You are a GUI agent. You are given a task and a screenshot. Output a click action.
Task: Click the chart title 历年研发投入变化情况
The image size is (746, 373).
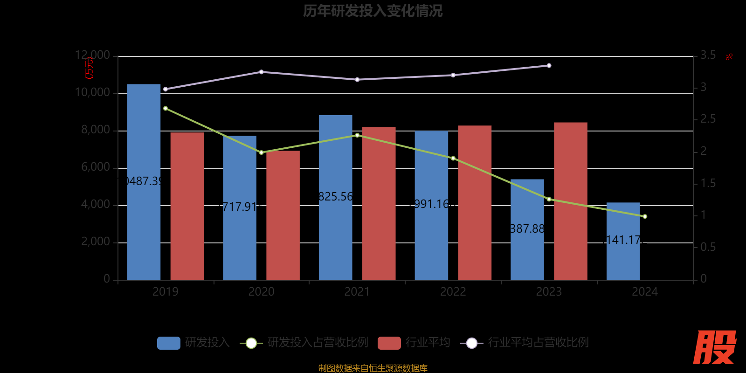[373, 11]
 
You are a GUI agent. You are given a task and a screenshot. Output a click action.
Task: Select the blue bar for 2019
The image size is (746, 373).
[144, 182]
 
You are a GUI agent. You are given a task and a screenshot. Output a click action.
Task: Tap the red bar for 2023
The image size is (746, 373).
[570, 201]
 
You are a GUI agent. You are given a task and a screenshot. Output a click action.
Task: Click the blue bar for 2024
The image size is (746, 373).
[623, 241]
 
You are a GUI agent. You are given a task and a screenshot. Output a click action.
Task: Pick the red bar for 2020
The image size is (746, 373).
[283, 215]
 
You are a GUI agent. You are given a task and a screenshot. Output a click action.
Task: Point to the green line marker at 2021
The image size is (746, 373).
[357, 135]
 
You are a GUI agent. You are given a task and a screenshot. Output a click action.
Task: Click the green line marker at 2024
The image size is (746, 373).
[645, 216]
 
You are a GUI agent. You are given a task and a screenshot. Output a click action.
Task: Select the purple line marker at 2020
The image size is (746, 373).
[261, 72]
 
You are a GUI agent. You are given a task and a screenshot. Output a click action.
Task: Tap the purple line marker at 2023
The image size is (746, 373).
[549, 66]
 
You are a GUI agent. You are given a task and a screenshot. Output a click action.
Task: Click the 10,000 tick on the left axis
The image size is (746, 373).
[92, 93]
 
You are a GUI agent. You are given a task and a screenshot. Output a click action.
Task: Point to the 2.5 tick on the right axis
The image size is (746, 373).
[708, 119]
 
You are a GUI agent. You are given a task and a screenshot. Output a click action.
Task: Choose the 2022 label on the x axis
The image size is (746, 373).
[453, 292]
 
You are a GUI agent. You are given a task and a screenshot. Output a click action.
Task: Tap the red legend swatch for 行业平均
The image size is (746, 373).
[389, 343]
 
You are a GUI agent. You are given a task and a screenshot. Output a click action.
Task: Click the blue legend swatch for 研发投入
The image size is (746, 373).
[169, 343]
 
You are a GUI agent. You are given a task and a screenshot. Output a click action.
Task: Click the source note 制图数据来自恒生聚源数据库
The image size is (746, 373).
[373, 368]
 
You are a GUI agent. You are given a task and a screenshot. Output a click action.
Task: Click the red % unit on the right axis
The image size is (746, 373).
[729, 57]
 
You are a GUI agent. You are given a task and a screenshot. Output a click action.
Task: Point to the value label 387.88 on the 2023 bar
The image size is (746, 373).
[527, 229]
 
